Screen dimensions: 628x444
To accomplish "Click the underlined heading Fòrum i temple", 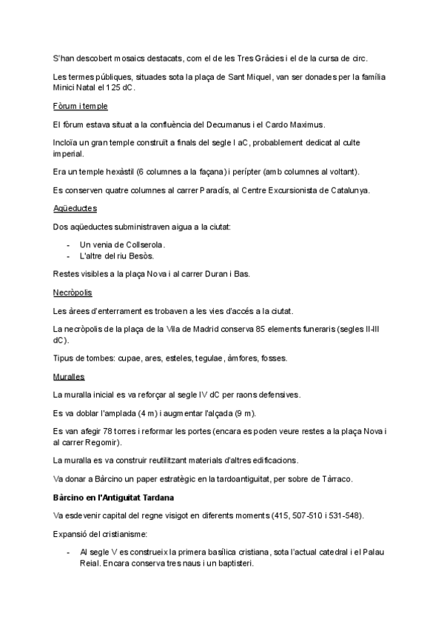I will pyautogui.click(x=75, y=106).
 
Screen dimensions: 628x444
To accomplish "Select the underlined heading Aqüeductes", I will pyautogui.click(x=70, y=208).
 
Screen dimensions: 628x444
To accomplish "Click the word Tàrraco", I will pyautogui.click(x=338, y=478).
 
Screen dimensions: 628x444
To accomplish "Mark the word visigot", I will pyautogui.click(x=185, y=515).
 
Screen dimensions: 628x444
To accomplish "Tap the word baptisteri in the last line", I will pyautogui.click(x=232, y=564).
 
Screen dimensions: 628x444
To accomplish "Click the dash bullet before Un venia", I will pyautogui.click(x=69, y=244).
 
